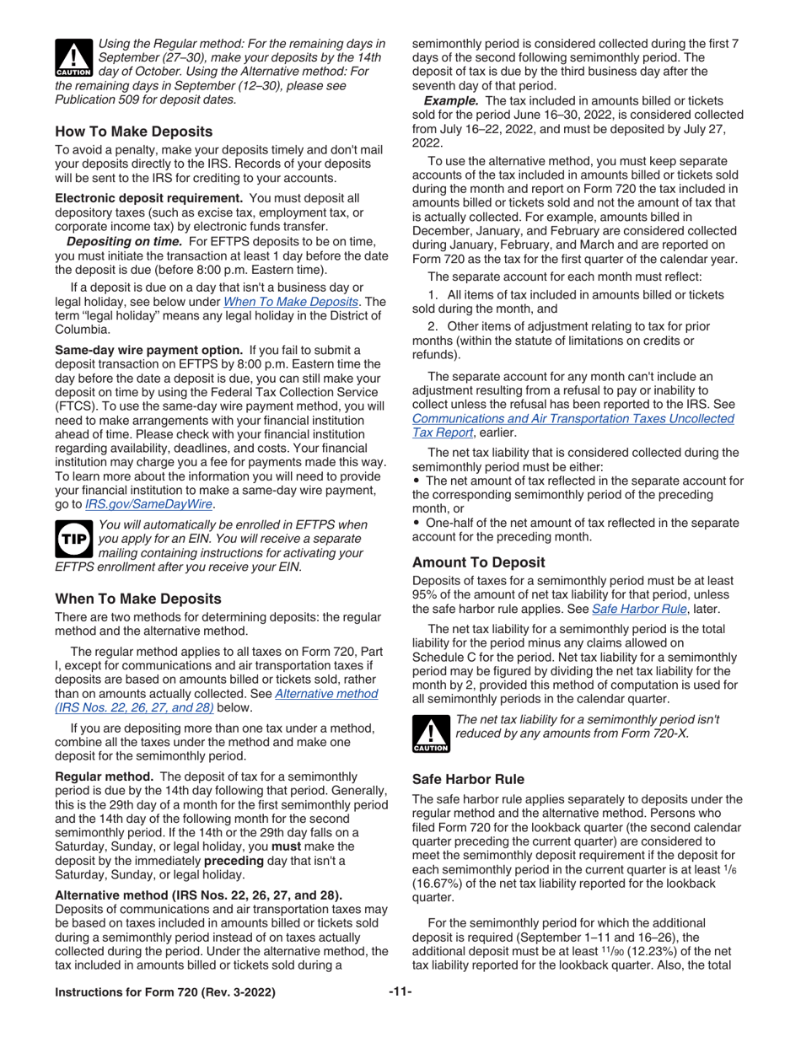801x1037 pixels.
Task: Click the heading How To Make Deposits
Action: pos(133,131)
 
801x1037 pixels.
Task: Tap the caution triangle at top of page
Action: pos(73,58)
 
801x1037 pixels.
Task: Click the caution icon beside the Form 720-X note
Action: pos(429,731)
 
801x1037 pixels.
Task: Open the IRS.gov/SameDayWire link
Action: pos(149,504)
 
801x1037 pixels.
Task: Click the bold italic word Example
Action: pos(452,101)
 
